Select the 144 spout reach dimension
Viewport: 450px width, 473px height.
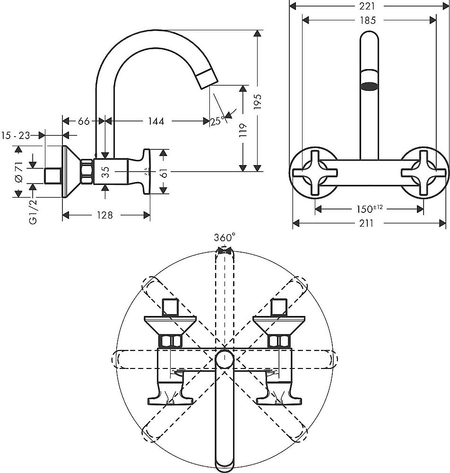click(156, 122)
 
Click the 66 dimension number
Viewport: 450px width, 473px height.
click(84, 122)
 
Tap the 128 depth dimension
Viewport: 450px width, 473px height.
click(104, 215)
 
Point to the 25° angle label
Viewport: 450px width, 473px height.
click(217, 122)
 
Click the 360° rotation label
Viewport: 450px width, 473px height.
click(225, 238)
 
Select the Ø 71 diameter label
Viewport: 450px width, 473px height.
click(18, 172)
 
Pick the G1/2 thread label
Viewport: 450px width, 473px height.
click(33, 210)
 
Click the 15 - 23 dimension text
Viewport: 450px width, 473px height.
click(16, 136)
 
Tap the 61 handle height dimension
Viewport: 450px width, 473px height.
click(164, 172)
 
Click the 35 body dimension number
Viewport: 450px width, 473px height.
click(106, 171)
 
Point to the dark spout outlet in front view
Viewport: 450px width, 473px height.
click(369, 86)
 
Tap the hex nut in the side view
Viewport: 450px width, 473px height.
click(87, 172)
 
